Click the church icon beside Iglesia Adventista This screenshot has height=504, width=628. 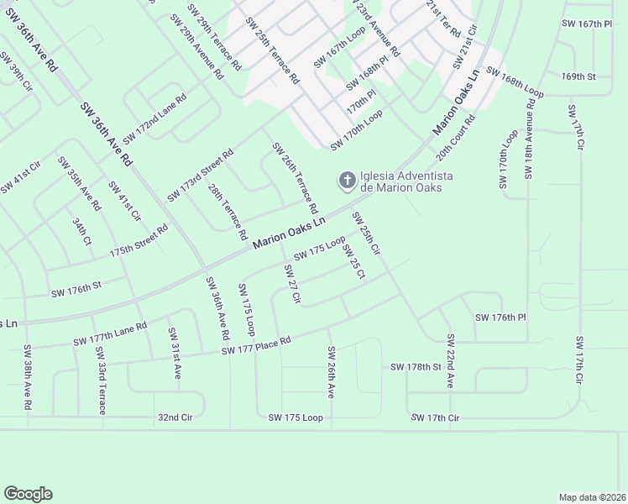pyautogui.click(x=346, y=180)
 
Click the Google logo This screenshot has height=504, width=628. pyautogui.click(x=28, y=494)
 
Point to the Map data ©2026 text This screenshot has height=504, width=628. pyautogui.click(x=592, y=497)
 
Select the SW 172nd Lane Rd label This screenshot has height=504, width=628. pyautogui.click(x=154, y=125)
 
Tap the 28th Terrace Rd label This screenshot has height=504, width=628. pyautogui.click(x=227, y=207)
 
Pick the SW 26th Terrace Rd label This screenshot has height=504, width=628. pyautogui.click(x=295, y=177)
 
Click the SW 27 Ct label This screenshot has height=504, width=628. pyautogui.click(x=292, y=284)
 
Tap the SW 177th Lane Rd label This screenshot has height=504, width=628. pyautogui.click(x=110, y=333)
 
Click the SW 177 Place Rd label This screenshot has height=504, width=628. pyautogui.click(x=256, y=344)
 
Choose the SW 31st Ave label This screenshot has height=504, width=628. pyautogui.click(x=175, y=354)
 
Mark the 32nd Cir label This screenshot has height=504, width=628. pyautogui.click(x=175, y=417)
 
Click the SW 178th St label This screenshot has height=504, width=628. pyautogui.click(x=416, y=367)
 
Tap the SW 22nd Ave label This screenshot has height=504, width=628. pyautogui.click(x=450, y=360)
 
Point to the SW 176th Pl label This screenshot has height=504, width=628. pyautogui.click(x=500, y=318)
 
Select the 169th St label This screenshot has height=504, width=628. pyautogui.click(x=578, y=76)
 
